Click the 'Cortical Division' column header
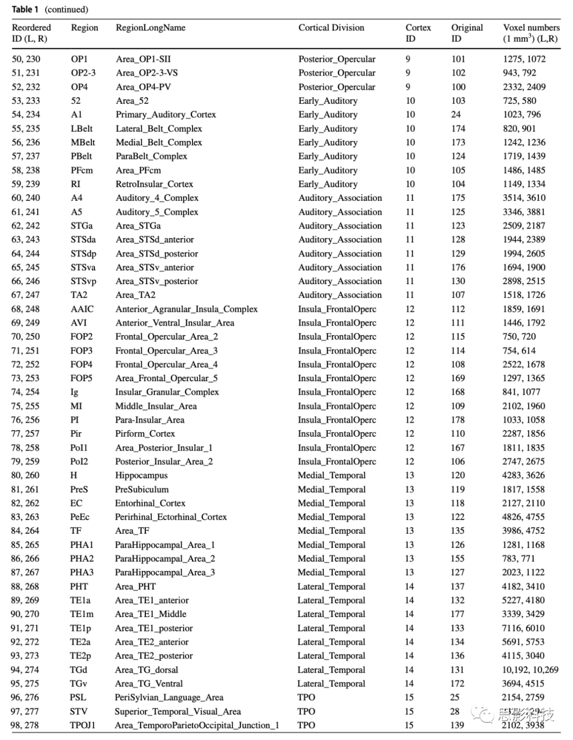pos(331,28)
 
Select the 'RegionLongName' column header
pos(151,28)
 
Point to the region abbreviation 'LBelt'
pos(82,128)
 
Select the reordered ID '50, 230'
pos(26,59)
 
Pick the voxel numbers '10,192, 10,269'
pos(530,669)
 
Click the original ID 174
pos(458,128)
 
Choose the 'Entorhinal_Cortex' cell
pos(150,503)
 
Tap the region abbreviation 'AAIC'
pos(82,309)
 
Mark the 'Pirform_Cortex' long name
pos(145,434)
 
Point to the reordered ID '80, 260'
pos(25,475)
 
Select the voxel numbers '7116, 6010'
pos(524,628)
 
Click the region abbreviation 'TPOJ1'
pos(83,725)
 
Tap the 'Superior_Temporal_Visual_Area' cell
pos(178,711)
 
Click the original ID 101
pos(458,59)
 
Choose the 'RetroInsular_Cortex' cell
pos(154,184)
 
